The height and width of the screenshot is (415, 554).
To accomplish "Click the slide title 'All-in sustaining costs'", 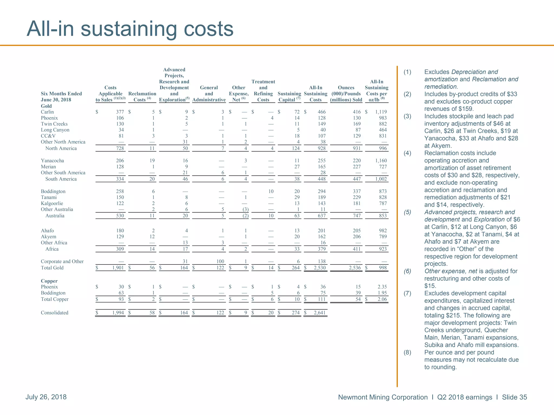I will tap(130, 29).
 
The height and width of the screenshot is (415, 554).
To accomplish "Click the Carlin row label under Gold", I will tap(47, 112).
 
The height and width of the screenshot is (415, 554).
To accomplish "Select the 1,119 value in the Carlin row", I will tap(381, 112).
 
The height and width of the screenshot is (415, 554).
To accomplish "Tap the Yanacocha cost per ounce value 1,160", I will tap(381, 160).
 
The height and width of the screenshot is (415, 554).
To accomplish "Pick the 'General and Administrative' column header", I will tap(209, 93).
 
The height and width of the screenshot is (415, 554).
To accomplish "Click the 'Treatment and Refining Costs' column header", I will tap(263, 91).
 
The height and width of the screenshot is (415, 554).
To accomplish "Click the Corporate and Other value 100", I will tap(220, 261).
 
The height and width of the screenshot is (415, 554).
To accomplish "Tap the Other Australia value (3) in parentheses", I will tap(245, 209).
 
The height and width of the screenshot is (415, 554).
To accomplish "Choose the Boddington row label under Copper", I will tap(53, 293).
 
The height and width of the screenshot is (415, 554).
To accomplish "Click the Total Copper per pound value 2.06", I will tap(382, 299).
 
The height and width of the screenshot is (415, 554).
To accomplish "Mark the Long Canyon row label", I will tap(55, 130).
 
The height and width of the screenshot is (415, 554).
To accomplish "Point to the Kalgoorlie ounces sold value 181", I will tap(357, 203).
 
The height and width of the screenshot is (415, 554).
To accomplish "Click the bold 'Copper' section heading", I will tap(49, 281).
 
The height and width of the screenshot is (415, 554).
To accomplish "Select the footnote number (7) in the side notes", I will tap(407, 293).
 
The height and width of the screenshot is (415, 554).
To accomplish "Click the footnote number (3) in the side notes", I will tap(407, 116).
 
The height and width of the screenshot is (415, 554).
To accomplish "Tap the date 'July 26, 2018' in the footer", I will tap(46, 397).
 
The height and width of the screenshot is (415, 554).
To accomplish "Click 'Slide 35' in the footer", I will tap(514, 397).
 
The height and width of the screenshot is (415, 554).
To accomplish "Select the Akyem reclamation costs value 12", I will tap(152, 237).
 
